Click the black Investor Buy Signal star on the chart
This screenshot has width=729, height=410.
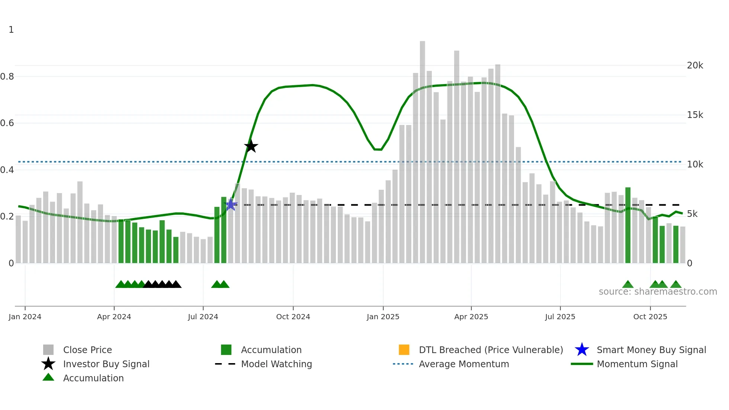pyautogui.click(x=251, y=146)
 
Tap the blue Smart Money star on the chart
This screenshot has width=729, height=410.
pyautogui.click(x=231, y=204)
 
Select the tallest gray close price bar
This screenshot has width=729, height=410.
pyautogui.click(x=423, y=149)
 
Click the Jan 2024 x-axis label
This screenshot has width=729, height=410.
pyautogui.click(x=25, y=317)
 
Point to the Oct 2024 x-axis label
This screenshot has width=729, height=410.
pyautogui.click(x=293, y=317)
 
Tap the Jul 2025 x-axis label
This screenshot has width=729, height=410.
pyautogui.click(x=560, y=317)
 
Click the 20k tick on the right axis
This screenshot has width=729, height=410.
pyautogui.click(x=695, y=65)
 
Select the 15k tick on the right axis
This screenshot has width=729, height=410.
pyautogui.click(x=695, y=115)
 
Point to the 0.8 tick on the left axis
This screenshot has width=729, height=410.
pyautogui.click(x=7, y=77)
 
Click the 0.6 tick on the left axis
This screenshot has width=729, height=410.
pyautogui.click(x=7, y=123)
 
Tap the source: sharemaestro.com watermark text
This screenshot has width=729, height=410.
pyautogui.click(x=658, y=292)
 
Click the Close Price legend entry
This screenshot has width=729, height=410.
pyautogui.click(x=87, y=350)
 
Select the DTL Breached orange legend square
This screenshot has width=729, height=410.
pyautogui.click(x=404, y=350)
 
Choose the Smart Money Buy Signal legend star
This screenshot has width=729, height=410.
pyautogui.click(x=582, y=350)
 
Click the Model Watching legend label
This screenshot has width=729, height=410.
pyautogui.click(x=276, y=364)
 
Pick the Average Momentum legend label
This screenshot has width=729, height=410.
pyautogui.click(x=464, y=364)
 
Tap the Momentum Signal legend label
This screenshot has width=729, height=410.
pyautogui.click(x=637, y=364)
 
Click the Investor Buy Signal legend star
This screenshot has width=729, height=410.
pyautogui.click(x=48, y=364)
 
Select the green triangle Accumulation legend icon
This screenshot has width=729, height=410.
pyautogui.click(x=48, y=378)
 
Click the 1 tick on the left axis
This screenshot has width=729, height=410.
pyautogui.click(x=11, y=30)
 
